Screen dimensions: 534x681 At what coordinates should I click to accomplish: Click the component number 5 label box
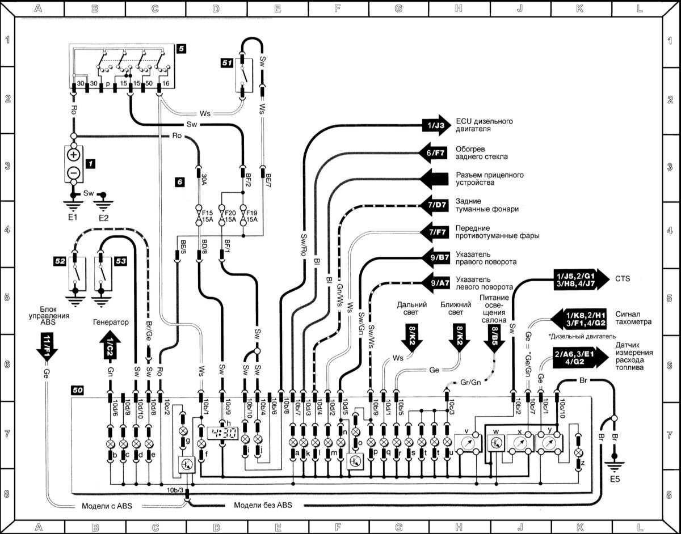(180, 49)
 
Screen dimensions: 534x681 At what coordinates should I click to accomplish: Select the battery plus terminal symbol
(73, 155)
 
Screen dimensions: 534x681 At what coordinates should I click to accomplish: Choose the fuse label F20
(230, 213)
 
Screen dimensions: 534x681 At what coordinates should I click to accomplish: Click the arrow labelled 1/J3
(434, 125)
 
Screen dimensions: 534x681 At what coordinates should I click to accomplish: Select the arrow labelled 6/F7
(434, 152)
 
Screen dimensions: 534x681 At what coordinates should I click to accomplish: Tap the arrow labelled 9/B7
(434, 258)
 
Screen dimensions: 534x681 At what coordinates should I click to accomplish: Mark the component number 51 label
(226, 63)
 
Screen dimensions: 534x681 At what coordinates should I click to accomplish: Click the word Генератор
(111, 322)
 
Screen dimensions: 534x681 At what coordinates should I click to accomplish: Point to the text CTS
(622, 278)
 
